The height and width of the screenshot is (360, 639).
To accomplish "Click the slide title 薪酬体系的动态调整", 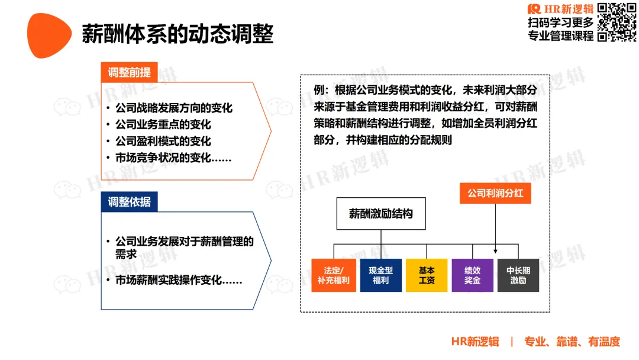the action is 177,34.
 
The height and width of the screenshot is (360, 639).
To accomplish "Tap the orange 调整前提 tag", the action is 129,73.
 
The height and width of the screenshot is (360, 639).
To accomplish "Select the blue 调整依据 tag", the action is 129,202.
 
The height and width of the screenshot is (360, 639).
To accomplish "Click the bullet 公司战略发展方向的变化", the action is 174,108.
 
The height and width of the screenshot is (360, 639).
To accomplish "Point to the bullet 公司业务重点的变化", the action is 163,125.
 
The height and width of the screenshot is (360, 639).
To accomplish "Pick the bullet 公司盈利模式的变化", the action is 163,142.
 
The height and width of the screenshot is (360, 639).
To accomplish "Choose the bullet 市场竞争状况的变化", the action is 173,158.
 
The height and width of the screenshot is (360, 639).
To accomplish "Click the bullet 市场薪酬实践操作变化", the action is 179,281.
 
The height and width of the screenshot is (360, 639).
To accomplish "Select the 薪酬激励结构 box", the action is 381,214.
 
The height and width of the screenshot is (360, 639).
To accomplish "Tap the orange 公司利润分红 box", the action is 495,194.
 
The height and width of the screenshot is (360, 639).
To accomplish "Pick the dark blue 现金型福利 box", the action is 380,275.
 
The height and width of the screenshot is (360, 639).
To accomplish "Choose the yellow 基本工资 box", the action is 427,275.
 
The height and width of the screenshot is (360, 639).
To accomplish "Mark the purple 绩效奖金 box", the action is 472,275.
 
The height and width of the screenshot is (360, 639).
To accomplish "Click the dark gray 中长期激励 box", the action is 518,275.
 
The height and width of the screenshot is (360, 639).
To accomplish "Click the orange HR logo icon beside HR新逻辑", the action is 534,9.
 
